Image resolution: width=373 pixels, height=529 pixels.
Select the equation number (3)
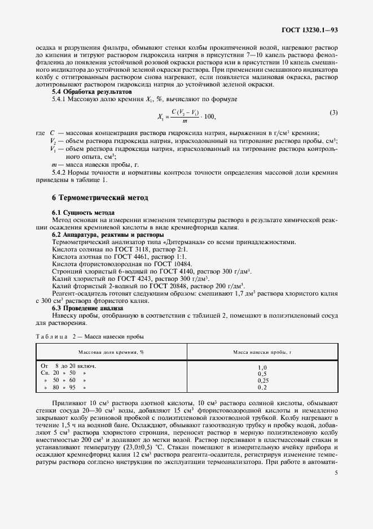tap(333, 112)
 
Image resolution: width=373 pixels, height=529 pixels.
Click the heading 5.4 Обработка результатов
tap(91, 92)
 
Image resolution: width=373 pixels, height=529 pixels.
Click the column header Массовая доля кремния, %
tap(111, 352)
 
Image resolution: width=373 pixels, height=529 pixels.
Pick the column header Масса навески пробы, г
tap(262, 352)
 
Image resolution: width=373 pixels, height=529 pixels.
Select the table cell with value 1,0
tap(262, 367)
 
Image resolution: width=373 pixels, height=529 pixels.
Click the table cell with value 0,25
tap(262, 380)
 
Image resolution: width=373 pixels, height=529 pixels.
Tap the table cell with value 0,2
tap(262, 387)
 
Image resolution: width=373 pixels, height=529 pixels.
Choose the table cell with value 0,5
tap(262, 374)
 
